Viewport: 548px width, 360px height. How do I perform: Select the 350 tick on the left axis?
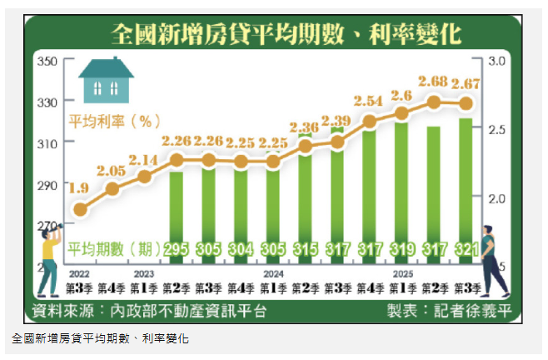tap(47, 62)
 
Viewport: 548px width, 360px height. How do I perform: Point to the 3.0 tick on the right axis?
tap(498, 62)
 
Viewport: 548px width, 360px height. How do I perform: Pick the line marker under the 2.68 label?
tap(434, 102)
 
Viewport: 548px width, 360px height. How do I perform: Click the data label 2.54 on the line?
tap(369, 101)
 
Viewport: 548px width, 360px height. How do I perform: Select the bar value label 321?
tap(466, 248)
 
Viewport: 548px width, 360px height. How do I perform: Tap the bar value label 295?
tap(176, 248)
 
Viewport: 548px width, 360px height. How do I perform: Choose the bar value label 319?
tap(401, 248)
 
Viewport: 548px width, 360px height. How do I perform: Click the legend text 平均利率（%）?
tap(114, 121)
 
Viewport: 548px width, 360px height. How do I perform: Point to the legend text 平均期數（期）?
tap(114, 248)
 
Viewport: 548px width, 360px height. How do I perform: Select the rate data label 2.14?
tap(144, 158)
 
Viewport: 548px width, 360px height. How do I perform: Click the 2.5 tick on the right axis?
tap(498, 130)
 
